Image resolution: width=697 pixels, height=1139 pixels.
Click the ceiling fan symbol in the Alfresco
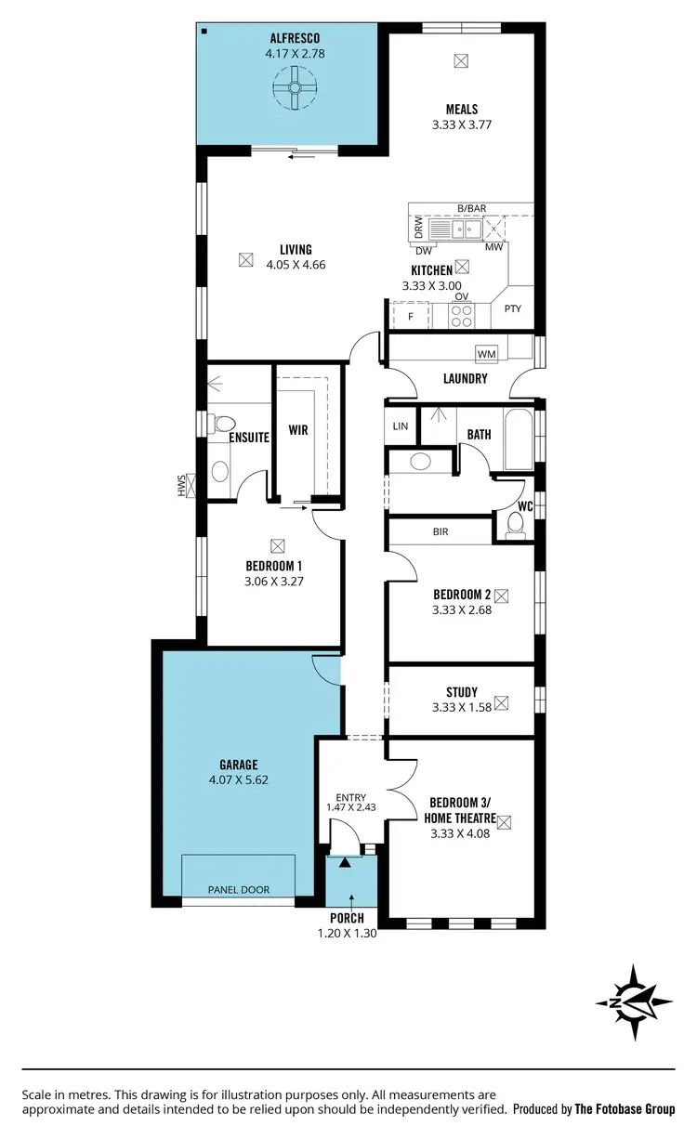pos(295,90)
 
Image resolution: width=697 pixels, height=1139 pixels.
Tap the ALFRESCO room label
pos(295,38)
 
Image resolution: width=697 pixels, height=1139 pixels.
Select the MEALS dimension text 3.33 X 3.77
pos(461,126)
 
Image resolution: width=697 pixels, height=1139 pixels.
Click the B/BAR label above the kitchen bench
pos(472,208)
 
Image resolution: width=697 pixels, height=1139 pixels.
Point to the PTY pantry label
pos(512,308)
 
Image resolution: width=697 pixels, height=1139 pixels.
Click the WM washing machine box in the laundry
pos(485,354)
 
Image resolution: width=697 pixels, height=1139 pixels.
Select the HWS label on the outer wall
pos(182,484)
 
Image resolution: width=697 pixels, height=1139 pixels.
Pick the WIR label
pos(297,430)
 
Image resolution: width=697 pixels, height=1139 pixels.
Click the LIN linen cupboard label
pos(401,426)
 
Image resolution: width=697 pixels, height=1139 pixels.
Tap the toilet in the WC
pos(515,527)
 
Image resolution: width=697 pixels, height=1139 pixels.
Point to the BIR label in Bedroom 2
pos(441,532)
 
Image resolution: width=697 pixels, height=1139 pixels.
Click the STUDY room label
pos(461,692)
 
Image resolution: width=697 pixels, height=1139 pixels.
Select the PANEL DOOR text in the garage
pos(238,890)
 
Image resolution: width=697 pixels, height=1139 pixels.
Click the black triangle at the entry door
pos(346,863)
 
